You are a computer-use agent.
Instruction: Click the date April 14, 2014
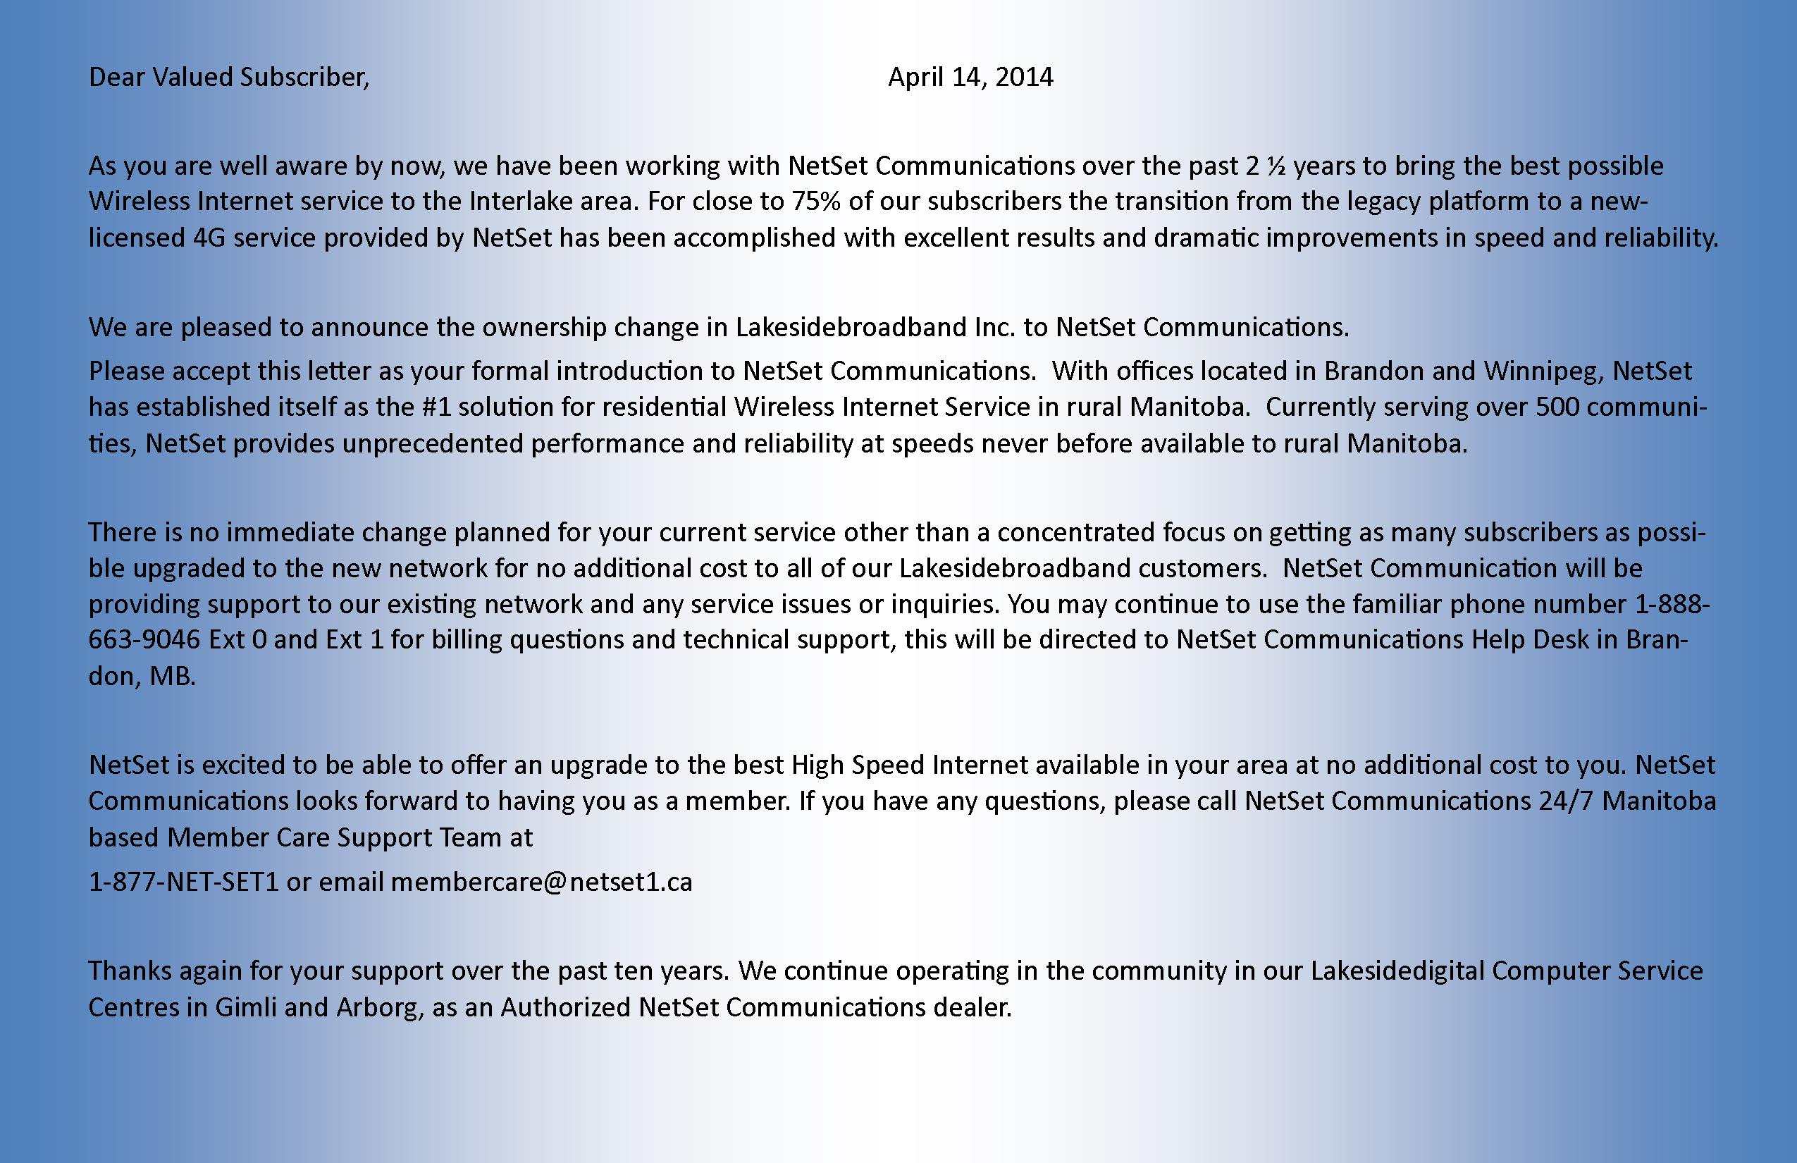[x=970, y=77]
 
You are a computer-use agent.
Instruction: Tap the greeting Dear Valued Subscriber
[x=229, y=77]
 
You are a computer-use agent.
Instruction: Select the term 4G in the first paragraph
[x=209, y=238]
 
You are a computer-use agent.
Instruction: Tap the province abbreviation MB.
[x=172, y=676]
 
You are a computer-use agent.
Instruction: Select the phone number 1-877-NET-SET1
[x=183, y=882]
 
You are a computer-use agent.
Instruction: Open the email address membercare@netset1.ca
[x=541, y=882]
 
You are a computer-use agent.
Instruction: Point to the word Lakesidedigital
[x=1397, y=971]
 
